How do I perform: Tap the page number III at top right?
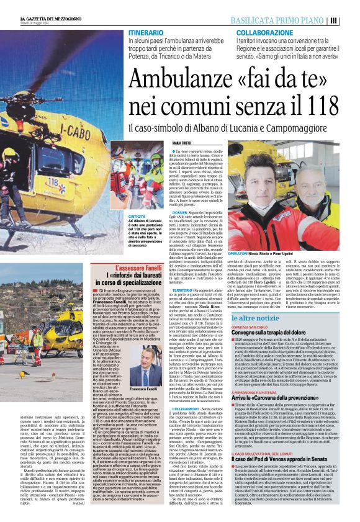click(351, 20)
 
